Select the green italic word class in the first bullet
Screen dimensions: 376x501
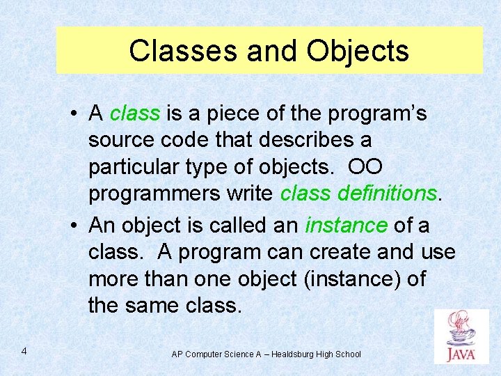(x=135, y=113)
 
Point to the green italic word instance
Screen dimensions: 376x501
(x=346, y=225)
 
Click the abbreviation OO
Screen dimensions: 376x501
(x=365, y=166)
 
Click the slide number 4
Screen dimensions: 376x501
(x=24, y=351)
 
